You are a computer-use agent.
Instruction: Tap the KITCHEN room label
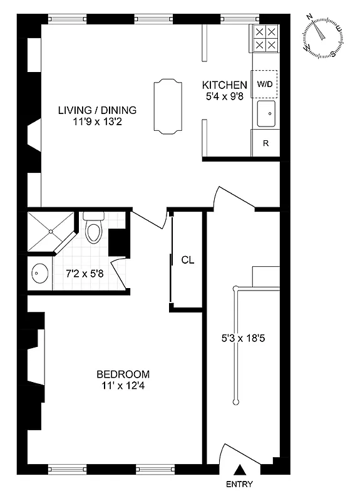click(224, 85)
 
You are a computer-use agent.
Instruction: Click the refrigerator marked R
click(265, 143)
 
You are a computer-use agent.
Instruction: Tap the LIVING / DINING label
click(97, 110)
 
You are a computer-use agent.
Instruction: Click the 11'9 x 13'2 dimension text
click(97, 123)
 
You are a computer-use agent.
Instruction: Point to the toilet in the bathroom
click(93, 229)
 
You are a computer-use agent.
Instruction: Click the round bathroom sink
click(39, 274)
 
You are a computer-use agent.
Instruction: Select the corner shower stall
click(47, 232)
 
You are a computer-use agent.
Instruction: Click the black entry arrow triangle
click(239, 470)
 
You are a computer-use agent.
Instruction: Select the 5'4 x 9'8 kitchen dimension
click(224, 97)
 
